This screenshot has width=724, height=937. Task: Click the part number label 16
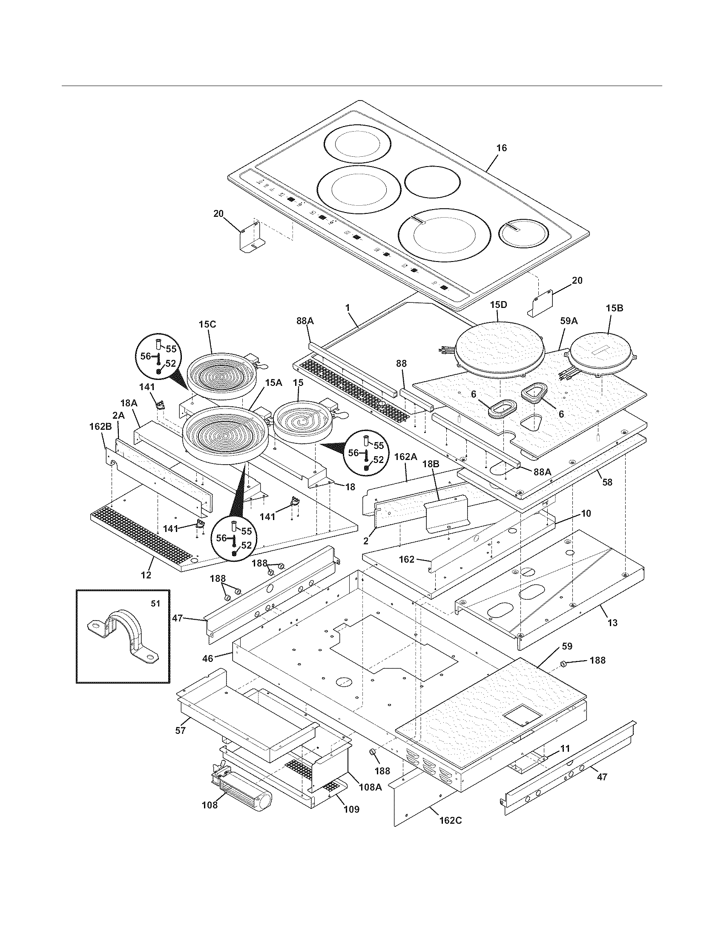501,148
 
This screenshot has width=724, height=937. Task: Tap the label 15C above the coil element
207,325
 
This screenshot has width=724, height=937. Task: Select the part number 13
612,623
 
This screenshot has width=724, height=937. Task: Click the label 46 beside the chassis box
207,658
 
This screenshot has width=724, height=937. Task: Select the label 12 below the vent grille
146,575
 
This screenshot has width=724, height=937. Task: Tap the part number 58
606,482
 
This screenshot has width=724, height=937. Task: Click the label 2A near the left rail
118,416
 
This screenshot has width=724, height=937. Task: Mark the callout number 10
586,513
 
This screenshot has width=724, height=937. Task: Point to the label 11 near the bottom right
565,749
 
